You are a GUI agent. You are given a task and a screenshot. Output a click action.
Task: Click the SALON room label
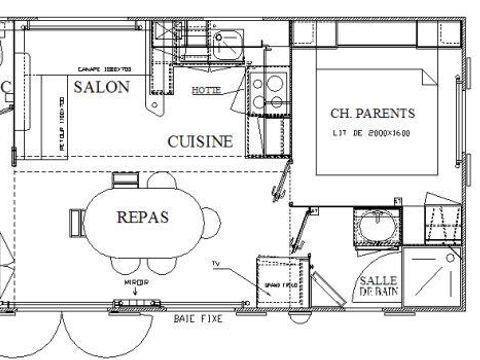tap(101, 88)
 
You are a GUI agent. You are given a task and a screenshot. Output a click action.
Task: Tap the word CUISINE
tap(200, 142)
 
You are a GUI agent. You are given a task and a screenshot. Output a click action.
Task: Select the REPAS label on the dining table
tap(143, 216)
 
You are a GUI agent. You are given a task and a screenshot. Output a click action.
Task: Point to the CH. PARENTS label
tap(372, 113)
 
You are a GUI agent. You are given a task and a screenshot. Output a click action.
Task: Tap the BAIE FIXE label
tap(196, 320)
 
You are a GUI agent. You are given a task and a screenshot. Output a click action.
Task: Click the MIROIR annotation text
tap(135, 283)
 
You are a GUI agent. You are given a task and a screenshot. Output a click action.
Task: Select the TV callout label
tap(215, 263)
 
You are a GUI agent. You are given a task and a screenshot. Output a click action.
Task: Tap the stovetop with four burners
tap(267, 92)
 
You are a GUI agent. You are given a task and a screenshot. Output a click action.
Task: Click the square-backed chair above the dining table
tap(126, 180)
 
